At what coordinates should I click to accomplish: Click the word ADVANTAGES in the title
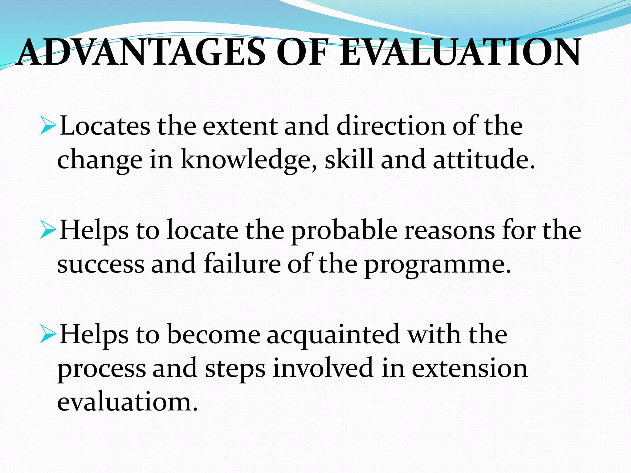point(142,52)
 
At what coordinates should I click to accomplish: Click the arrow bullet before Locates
point(48,127)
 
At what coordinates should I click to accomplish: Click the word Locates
point(105,126)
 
